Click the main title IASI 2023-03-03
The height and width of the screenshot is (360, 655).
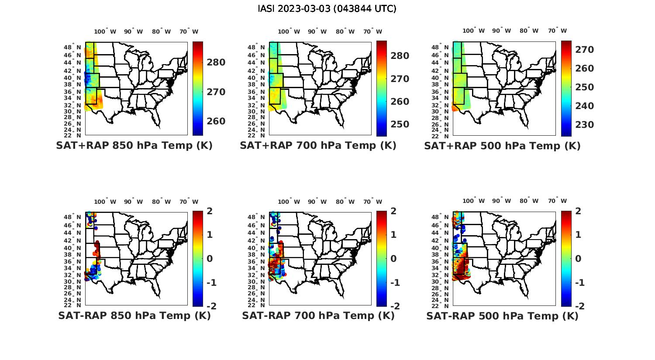[327, 9]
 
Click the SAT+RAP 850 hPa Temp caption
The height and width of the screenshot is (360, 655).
[134, 146]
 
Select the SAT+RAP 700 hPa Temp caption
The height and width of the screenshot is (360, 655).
[318, 146]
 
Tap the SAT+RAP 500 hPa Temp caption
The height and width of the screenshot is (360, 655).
[502, 146]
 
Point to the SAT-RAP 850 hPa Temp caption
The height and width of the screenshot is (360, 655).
[134, 315]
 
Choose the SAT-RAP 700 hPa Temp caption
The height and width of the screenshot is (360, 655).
[318, 315]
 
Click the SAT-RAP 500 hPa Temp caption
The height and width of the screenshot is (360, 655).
[502, 316]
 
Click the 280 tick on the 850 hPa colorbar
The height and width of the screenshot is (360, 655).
[216, 62]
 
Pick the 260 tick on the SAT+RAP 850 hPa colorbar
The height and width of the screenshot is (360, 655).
[216, 121]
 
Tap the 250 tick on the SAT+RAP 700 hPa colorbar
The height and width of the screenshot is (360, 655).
[400, 124]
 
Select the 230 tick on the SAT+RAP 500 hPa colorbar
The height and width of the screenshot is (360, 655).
[585, 125]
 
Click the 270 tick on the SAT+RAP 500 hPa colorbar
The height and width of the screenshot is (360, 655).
[585, 50]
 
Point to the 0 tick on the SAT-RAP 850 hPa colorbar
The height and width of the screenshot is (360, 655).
[209, 259]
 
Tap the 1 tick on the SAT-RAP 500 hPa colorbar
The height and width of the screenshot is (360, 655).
[578, 235]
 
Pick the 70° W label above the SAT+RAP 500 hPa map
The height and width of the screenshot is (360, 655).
[558, 31]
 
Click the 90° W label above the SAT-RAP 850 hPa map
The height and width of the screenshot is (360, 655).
[134, 202]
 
